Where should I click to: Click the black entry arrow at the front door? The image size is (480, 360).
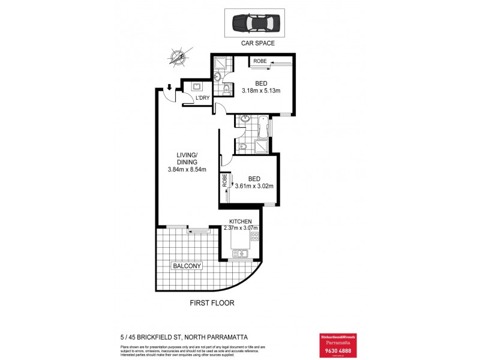coord(170,88)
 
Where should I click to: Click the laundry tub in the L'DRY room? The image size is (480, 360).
coord(196,86)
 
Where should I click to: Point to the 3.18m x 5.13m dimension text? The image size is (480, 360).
coord(261,91)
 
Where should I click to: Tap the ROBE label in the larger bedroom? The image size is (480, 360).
coord(260,61)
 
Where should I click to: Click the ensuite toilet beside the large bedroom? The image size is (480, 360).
coord(226,90)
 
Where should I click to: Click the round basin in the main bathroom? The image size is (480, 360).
coord(244,119)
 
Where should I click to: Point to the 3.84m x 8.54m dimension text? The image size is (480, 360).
coord(187,169)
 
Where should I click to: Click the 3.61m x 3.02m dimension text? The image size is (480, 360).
coord(254,186)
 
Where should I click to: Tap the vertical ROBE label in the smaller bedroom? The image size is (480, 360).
coord(226,181)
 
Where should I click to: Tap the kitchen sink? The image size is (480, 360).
coord(240,254)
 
